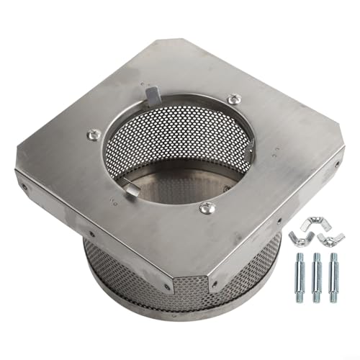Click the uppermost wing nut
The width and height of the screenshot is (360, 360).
[x=314, y=223]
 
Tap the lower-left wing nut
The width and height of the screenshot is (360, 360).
[x=297, y=238]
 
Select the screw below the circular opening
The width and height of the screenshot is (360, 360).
[x=207, y=208]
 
